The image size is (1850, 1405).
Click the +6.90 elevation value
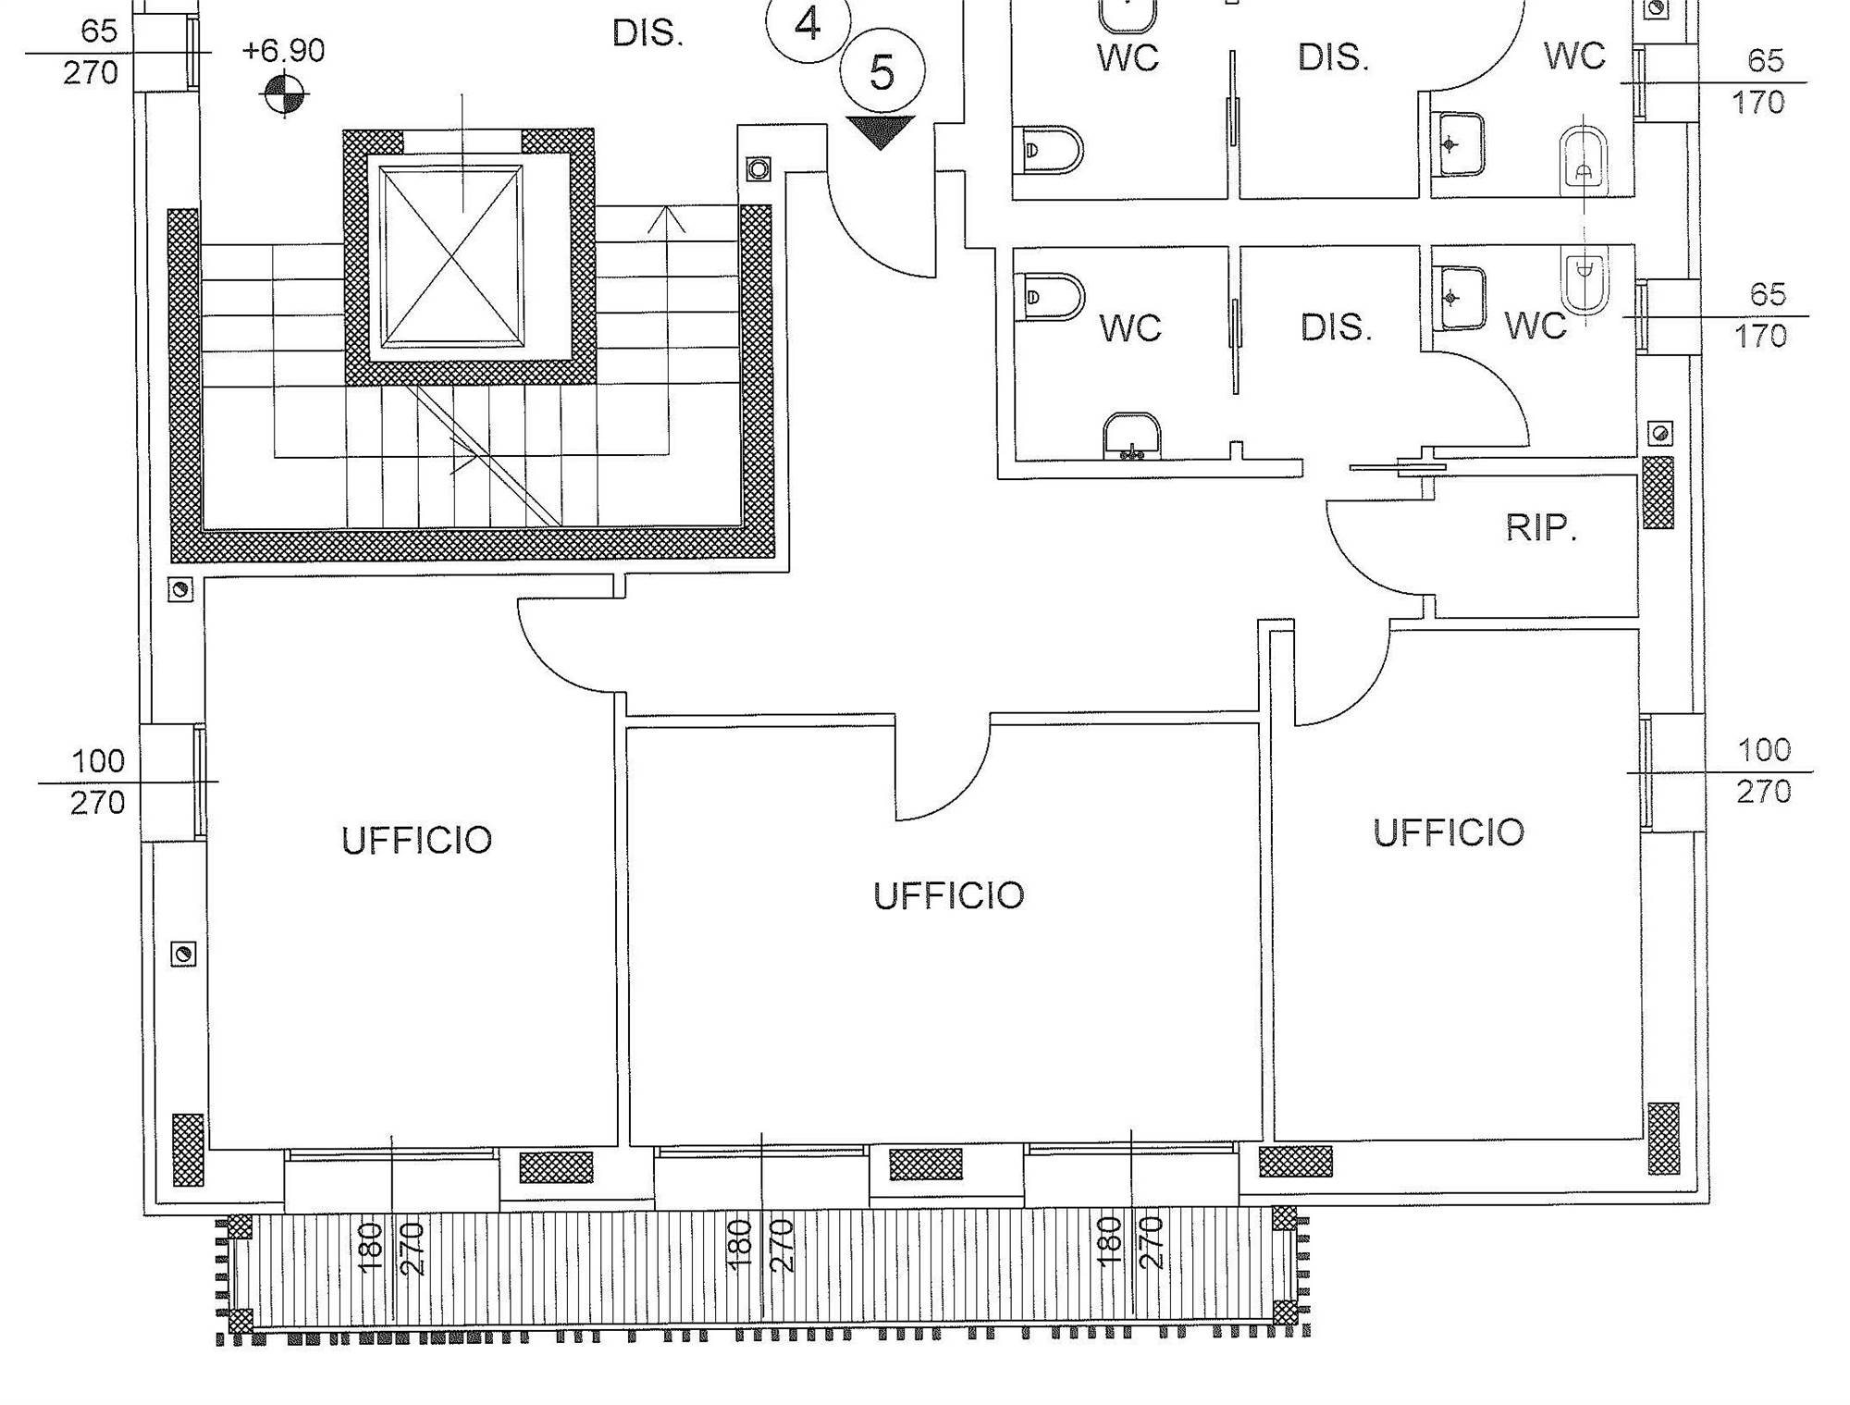coord(283,51)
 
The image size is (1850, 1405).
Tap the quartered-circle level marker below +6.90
coord(284,93)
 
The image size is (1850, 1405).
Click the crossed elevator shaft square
coord(451,256)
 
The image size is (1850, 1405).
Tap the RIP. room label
coord(1540,528)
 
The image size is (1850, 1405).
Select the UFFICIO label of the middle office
coord(948,896)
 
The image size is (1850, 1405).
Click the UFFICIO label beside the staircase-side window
coord(416,841)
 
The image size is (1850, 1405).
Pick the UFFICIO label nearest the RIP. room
coord(1448,833)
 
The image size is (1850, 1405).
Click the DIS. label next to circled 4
coord(647,34)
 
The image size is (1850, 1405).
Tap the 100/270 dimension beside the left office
coord(98,782)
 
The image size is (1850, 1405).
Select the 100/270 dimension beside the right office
coord(1764,770)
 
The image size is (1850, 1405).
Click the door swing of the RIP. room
coord(1369,555)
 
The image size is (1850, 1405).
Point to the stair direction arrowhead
coord(666,219)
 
